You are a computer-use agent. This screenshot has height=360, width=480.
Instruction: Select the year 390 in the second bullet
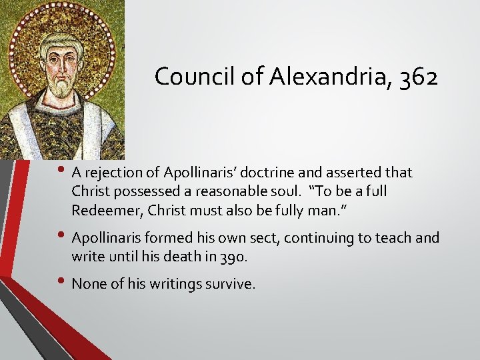(x=239, y=255)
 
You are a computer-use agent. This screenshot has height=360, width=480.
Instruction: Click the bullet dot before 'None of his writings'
(x=63, y=282)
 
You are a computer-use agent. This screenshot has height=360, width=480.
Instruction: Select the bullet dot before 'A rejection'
(x=63, y=171)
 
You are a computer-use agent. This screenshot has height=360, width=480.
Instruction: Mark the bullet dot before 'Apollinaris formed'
(x=63, y=235)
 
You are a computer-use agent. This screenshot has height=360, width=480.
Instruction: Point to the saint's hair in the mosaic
(x=62, y=39)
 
